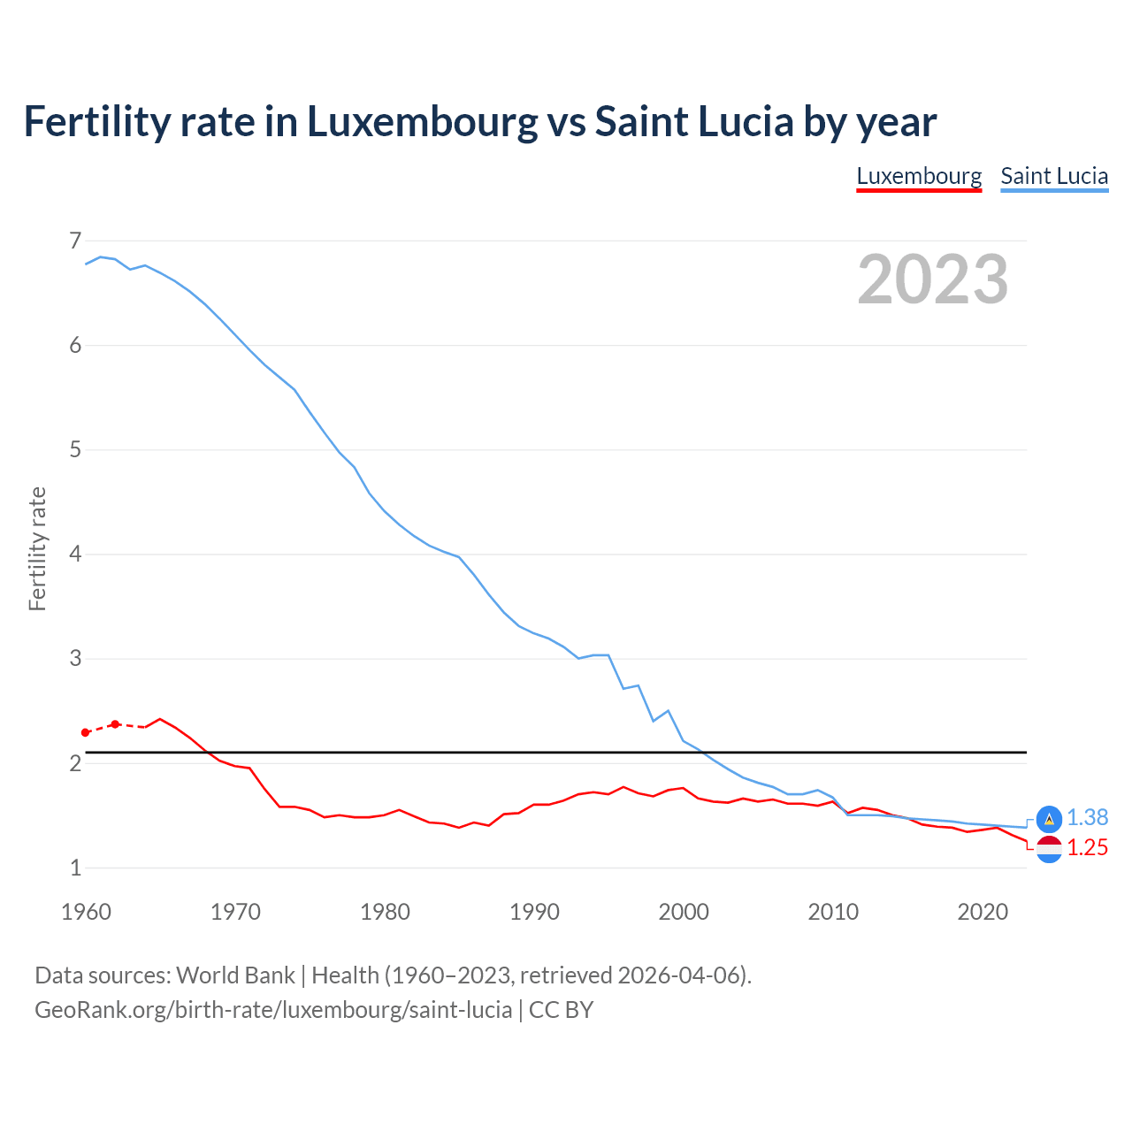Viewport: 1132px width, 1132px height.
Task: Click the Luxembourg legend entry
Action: [x=919, y=176]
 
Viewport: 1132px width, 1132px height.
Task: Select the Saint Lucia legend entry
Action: [x=1054, y=176]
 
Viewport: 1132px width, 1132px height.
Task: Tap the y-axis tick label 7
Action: [x=75, y=241]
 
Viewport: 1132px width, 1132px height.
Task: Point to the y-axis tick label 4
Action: [x=75, y=555]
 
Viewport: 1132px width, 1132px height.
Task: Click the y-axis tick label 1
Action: [x=75, y=868]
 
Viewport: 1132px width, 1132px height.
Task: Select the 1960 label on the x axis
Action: [x=86, y=912]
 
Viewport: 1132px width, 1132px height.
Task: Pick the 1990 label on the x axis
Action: [x=534, y=912]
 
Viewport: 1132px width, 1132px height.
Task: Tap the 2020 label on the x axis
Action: [x=983, y=912]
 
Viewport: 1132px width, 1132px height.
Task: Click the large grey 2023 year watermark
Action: [x=932, y=279]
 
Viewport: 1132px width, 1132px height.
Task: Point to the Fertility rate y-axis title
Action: [x=37, y=548]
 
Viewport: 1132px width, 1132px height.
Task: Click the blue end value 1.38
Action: [x=1087, y=818]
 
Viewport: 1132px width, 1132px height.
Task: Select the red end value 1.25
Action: [x=1087, y=848]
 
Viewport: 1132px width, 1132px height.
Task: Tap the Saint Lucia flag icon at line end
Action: [x=1049, y=819]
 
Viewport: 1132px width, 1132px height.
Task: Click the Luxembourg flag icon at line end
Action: [x=1049, y=849]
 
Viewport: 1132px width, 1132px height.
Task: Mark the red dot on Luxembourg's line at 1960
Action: [x=86, y=732]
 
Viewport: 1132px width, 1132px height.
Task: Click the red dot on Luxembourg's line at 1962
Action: [x=115, y=724]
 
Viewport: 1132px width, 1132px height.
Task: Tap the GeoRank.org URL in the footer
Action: [x=273, y=1010]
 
